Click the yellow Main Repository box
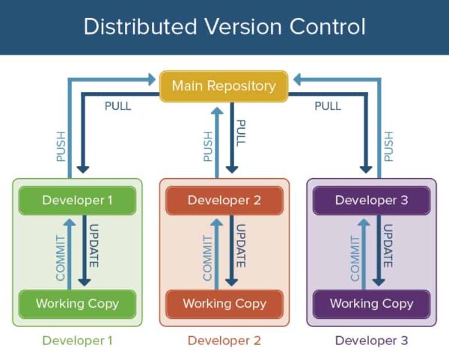pos(224,86)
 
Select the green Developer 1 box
pos(78,200)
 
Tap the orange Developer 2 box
pos(224,200)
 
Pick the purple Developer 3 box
pos(371,200)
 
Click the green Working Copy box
pos(78,304)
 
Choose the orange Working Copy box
pos(224,304)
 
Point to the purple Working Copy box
pos(371,304)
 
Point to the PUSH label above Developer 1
pos(61,147)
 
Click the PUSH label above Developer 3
pos(388,147)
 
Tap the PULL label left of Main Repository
pos(117,106)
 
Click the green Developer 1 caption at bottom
pos(78,341)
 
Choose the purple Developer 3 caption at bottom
pos(371,341)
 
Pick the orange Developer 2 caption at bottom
pos(224,341)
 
